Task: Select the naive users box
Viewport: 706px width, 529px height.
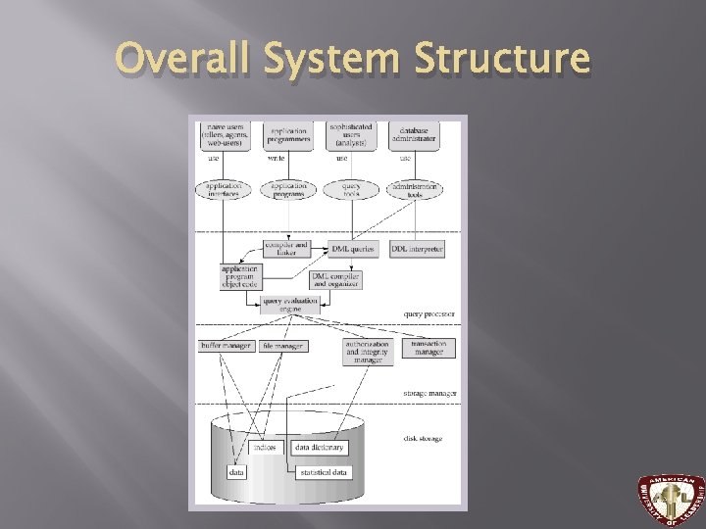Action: tap(224, 135)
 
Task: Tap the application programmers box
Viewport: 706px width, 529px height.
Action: tap(287, 135)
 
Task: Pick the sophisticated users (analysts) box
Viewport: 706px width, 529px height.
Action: tap(350, 135)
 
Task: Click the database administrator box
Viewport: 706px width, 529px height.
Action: tap(414, 134)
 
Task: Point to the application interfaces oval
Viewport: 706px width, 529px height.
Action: tap(224, 190)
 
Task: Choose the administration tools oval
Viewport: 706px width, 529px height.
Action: tap(415, 190)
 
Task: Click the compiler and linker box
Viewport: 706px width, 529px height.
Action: tap(286, 250)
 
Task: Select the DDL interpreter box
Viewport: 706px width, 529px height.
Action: tap(416, 250)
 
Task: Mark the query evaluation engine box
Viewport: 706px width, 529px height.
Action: tap(290, 305)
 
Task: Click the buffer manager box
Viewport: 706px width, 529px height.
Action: tap(226, 346)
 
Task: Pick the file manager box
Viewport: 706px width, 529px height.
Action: tap(283, 346)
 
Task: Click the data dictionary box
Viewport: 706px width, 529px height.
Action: tap(320, 447)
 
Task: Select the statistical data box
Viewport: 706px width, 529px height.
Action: tap(325, 472)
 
